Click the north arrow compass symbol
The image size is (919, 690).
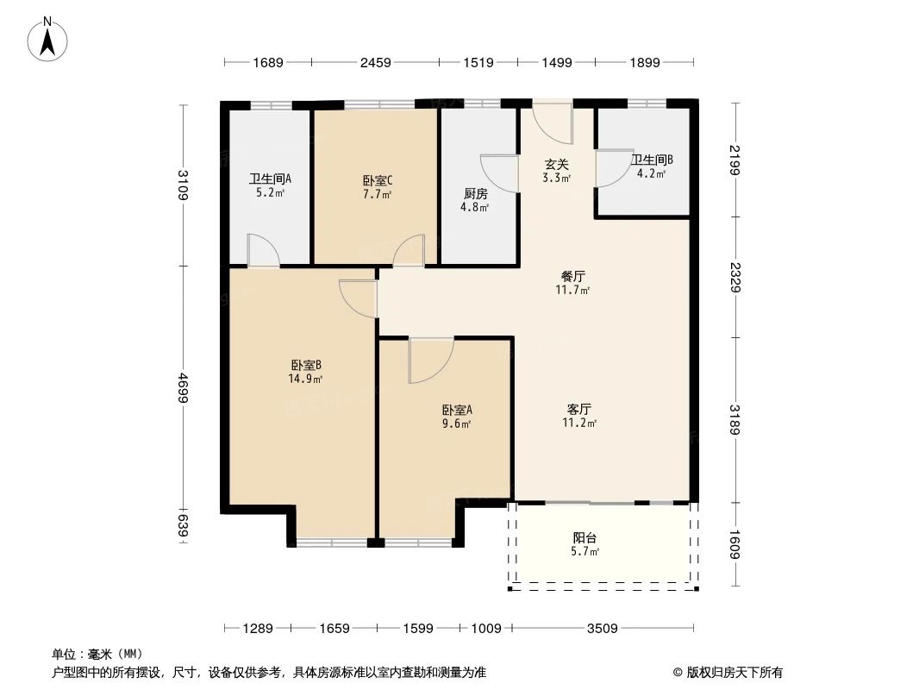[x=47, y=39]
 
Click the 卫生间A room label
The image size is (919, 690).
[x=270, y=179]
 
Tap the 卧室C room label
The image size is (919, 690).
[x=378, y=180]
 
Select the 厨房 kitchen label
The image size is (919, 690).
[x=475, y=193]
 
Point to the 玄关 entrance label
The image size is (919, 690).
[x=556, y=165]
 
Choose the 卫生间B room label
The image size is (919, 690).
[x=652, y=160]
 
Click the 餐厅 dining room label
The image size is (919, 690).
[x=572, y=276]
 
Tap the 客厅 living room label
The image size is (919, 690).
[x=579, y=409]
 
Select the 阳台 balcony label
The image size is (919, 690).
[x=585, y=537]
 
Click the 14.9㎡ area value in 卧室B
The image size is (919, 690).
[x=305, y=379]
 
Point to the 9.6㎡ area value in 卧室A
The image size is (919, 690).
[x=457, y=423]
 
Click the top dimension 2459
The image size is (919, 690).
[x=375, y=62]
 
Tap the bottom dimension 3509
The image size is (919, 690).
[x=603, y=629]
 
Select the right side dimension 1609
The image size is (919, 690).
[x=735, y=544]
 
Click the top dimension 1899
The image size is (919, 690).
[x=645, y=62]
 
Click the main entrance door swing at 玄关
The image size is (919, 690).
[x=553, y=123]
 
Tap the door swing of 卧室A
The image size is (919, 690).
[x=431, y=361]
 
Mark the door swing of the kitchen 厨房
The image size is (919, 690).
[x=499, y=173]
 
